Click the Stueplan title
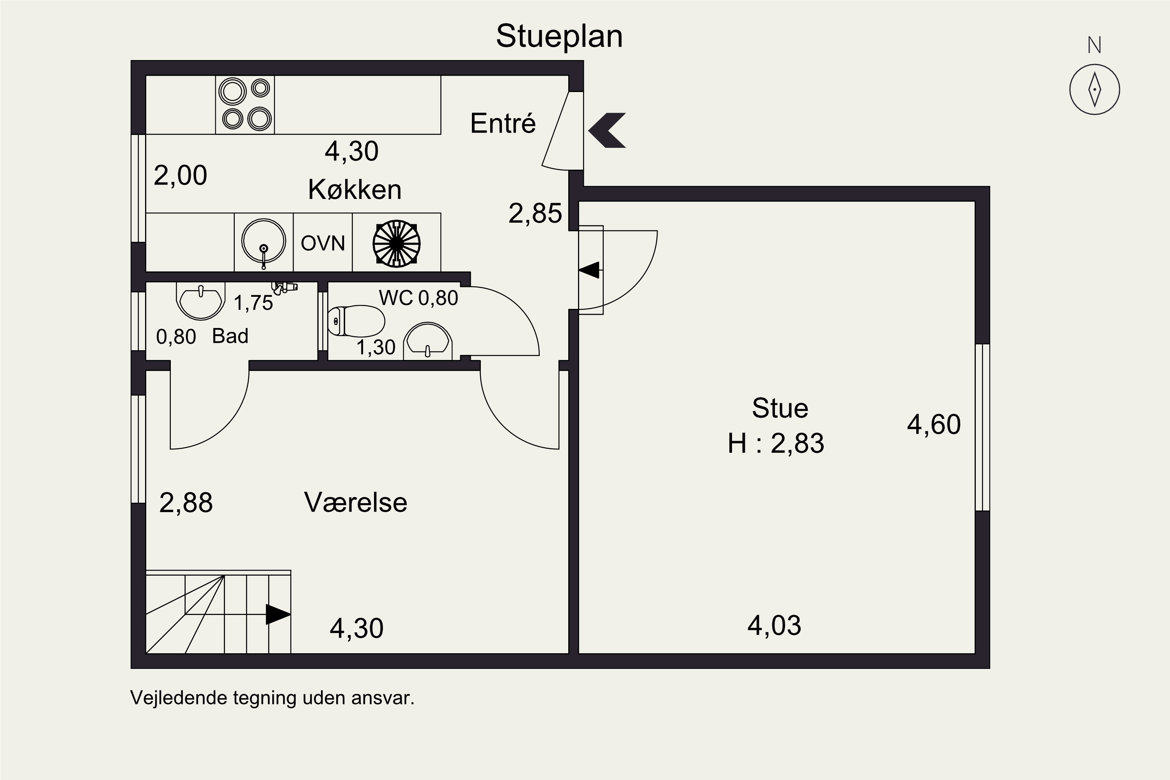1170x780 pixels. click(x=559, y=36)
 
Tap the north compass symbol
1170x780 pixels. click(x=1094, y=90)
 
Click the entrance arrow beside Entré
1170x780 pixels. click(x=607, y=130)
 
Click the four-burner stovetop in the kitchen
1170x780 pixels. click(x=245, y=105)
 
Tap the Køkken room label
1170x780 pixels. click(x=355, y=190)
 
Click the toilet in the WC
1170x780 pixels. click(x=357, y=321)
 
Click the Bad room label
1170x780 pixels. click(x=230, y=336)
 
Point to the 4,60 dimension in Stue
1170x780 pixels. click(x=933, y=424)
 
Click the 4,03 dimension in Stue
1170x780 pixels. click(x=774, y=625)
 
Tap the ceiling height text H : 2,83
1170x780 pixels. click(x=776, y=443)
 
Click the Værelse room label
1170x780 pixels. click(x=355, y=502)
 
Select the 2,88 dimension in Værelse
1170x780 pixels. click(x=186, y=503)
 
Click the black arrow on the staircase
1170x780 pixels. click(x=278, y=614)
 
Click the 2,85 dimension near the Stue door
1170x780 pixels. click(x=535, y=213)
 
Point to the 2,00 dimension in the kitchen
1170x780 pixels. click(x=180, y=175)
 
